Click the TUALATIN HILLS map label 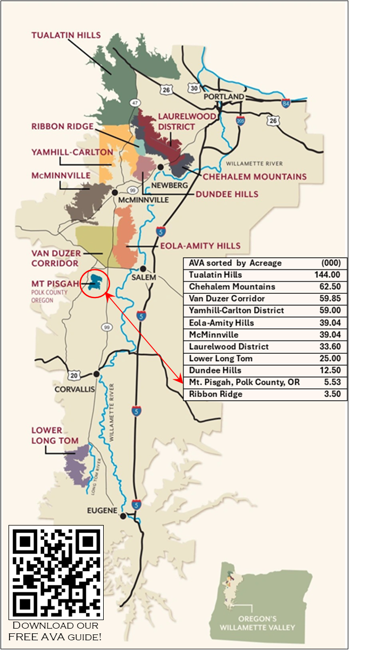coord(66,35)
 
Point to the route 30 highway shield coord(194,88)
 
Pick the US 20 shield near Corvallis coord(72,376)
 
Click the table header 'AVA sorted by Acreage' coord(235,263)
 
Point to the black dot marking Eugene coord(123,516)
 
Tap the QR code coord(56,572)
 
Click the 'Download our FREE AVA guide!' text coord(56,631)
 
